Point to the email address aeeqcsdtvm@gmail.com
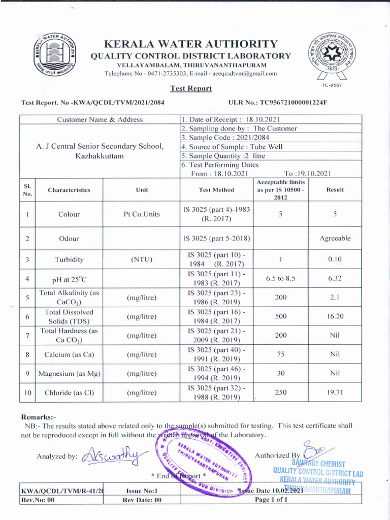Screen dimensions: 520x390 pos(245,74)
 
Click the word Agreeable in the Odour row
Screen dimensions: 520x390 pos(335,238)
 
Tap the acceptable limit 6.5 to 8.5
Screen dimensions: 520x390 pos(280,278)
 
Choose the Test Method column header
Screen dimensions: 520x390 pos(216,189)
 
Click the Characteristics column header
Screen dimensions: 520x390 pos(69,190)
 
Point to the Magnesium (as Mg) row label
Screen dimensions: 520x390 pos(69,374)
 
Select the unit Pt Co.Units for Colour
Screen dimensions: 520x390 pos(142,214)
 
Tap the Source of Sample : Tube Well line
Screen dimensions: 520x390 pos(232,147)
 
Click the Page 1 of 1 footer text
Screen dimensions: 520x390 pos(271,499)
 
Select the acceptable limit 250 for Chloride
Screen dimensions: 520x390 pos(280,392)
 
